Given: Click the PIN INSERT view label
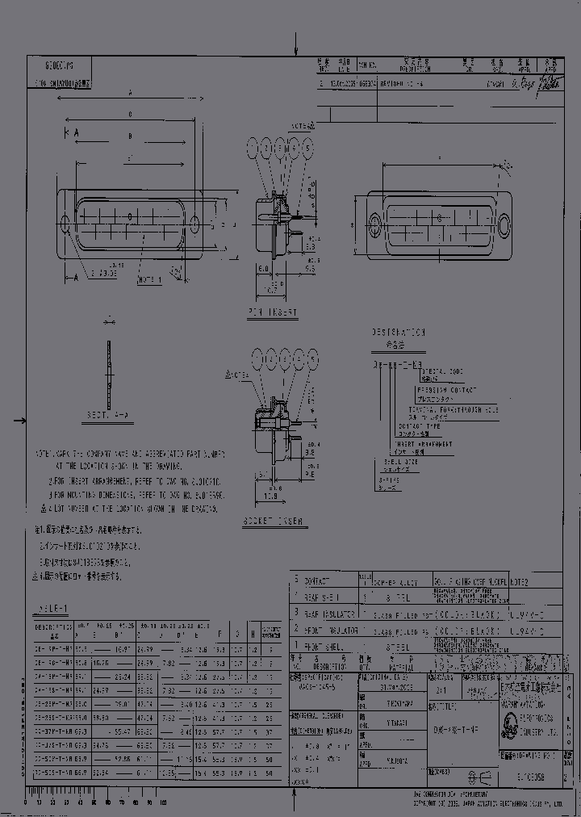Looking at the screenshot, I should coord(271,312).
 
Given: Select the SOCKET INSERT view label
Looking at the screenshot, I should coord(272,522).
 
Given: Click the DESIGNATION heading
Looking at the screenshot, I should coord(398,332).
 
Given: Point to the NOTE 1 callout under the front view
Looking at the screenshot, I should coord(149,279).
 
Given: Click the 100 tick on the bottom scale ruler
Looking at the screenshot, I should coord(164,802).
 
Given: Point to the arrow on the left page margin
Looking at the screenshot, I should coord(19,421).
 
